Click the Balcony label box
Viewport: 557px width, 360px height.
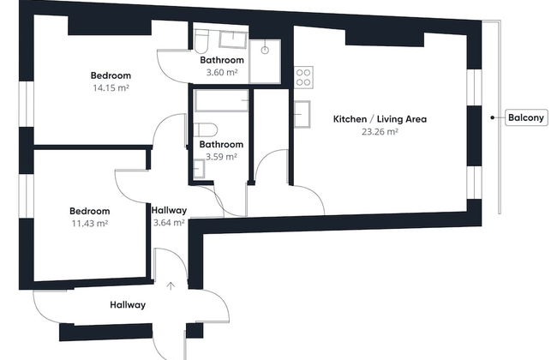point(524,119)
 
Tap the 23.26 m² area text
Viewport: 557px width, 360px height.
point(380,132)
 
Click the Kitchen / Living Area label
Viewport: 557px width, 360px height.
point(380,119)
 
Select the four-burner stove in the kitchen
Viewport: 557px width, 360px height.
point(302,77)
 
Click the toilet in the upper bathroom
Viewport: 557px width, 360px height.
point(201,40)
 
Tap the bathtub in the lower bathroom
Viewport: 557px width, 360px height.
point(221,102)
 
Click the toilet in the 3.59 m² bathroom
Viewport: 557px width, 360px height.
point(203,129)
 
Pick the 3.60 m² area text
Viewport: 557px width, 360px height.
point(222,73)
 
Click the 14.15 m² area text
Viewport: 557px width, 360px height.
point(110,87)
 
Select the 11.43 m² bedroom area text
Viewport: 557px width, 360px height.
point(89,223)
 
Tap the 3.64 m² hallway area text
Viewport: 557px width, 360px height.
point(169,223)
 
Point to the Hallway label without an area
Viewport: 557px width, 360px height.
point(128,304)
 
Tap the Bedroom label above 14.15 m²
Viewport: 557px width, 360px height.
point(110,75)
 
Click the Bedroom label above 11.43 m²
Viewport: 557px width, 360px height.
point(89,211)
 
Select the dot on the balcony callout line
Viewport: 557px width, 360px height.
point(492,119)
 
